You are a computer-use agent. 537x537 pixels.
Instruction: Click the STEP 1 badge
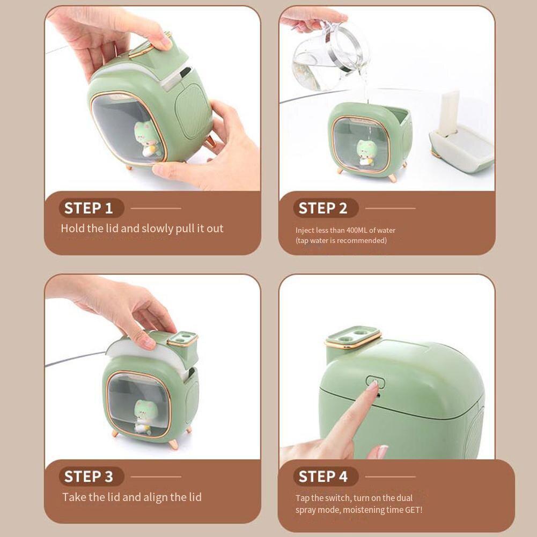[89, 208]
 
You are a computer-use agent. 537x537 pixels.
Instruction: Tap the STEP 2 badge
[322, 208]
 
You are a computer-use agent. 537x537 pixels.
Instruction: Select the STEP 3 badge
[89, 476]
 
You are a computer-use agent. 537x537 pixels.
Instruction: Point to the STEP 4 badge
[322, 476]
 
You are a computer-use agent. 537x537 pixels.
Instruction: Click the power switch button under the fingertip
[374, 384]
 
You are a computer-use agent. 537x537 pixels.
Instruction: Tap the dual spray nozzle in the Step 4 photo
[352, 337]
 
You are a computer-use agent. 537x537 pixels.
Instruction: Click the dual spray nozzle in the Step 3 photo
[182, 339]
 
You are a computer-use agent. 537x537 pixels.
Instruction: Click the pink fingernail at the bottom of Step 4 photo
[382, 452]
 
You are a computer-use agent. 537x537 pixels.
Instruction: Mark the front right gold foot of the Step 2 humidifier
[393, 178]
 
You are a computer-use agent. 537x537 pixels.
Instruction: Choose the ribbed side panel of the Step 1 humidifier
[194, 113]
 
